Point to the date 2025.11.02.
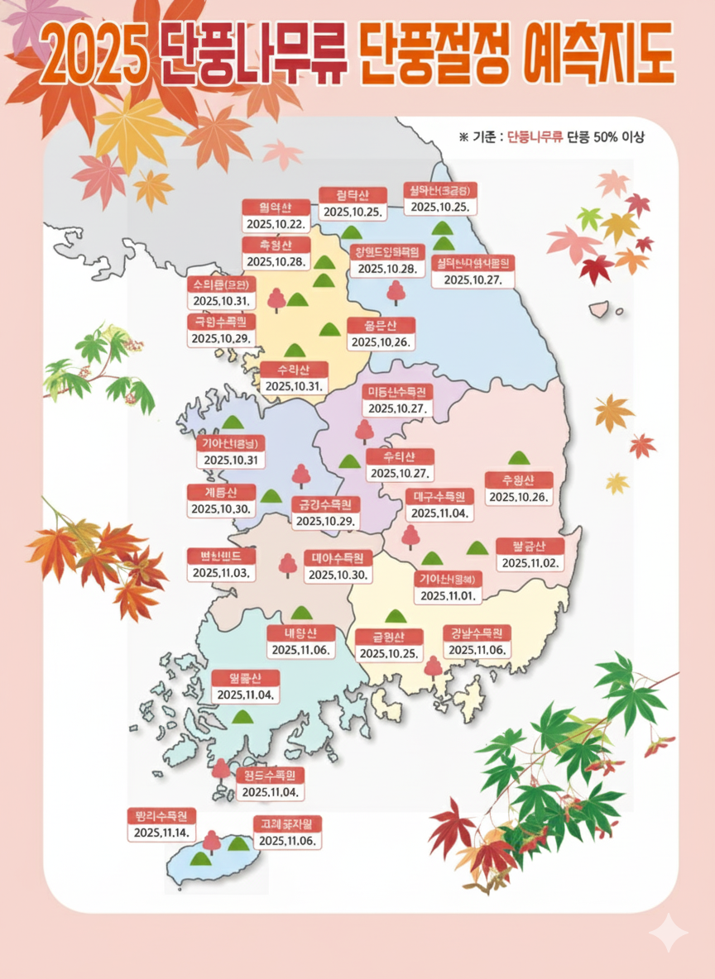(x=530, y=563)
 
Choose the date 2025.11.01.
(x=448, y=595)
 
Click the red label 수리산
(x=294, y=369)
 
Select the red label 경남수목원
(x=477, y=633)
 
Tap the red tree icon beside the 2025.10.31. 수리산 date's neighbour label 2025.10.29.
(x=276, y=299)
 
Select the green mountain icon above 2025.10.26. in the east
(x=518, y=457)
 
